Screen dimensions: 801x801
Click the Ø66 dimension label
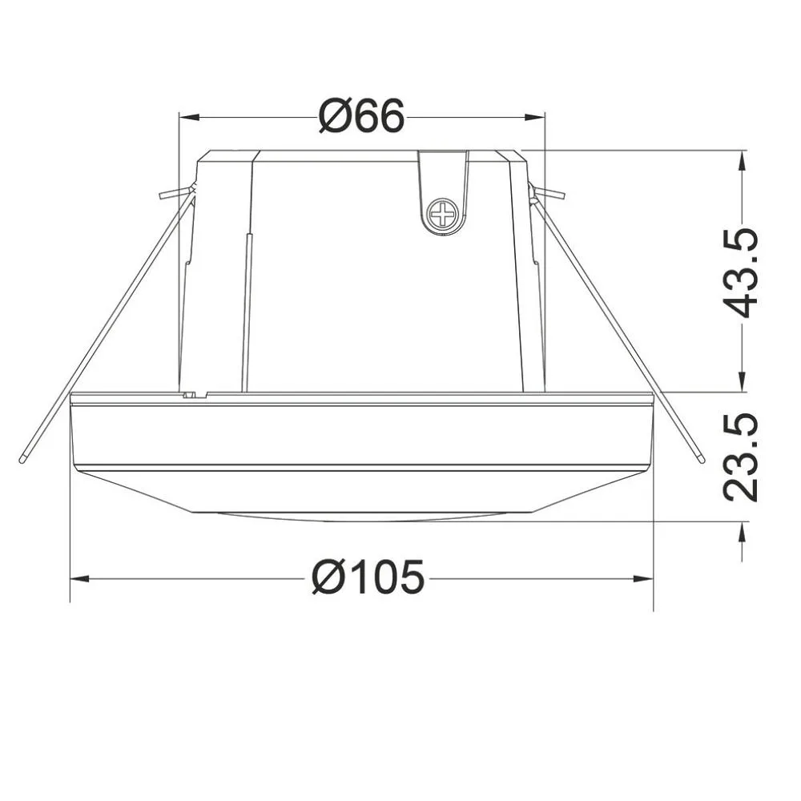click(361, 116)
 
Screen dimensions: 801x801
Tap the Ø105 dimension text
click(368, 578)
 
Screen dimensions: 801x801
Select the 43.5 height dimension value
click(740, 273)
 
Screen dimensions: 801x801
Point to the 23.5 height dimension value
click(740, 457)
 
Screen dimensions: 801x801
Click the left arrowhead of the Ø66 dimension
click(188, 118)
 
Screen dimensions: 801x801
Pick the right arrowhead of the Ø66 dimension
click(535, 118)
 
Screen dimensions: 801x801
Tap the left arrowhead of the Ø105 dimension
click(79, 579)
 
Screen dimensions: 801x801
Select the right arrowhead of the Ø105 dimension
click(643, 579)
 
